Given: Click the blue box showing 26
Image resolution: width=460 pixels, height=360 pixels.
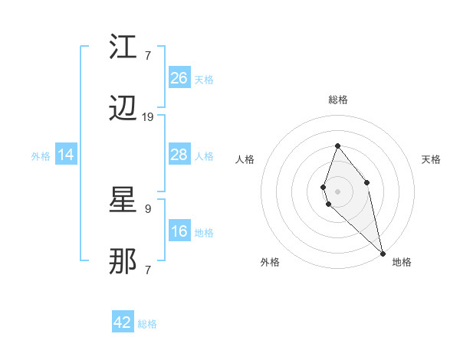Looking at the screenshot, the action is [179, 78].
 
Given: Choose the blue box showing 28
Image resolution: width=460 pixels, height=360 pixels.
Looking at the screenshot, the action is [179, 155].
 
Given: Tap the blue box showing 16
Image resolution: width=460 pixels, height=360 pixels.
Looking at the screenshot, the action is [179, 231].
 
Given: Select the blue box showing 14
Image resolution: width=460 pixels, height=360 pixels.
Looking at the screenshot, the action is [66, 155].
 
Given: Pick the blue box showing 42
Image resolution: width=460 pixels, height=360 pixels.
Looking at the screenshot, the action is [123, 322].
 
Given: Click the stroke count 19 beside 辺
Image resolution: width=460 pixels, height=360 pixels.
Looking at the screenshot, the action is [148, 117].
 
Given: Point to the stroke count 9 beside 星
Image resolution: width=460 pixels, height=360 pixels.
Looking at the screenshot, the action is [148, 208].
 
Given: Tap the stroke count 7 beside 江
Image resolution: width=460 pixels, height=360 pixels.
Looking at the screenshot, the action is [148, 54].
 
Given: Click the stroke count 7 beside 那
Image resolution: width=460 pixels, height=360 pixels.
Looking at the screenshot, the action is [148, 270].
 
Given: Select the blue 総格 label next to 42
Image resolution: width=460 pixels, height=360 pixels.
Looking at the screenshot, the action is [147, 324].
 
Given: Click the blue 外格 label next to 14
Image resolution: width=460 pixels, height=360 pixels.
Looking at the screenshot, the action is [41, 156].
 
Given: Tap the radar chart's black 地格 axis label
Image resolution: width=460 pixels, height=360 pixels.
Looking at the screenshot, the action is [402, 262].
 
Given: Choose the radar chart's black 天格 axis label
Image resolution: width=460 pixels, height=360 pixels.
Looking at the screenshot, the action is [432, 159].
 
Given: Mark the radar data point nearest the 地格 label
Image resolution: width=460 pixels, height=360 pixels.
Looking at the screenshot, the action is [383, 253].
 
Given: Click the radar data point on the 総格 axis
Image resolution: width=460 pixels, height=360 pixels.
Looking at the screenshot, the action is [337, 146].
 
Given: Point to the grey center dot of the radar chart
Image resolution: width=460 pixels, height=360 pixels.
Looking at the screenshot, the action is [337, 191].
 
